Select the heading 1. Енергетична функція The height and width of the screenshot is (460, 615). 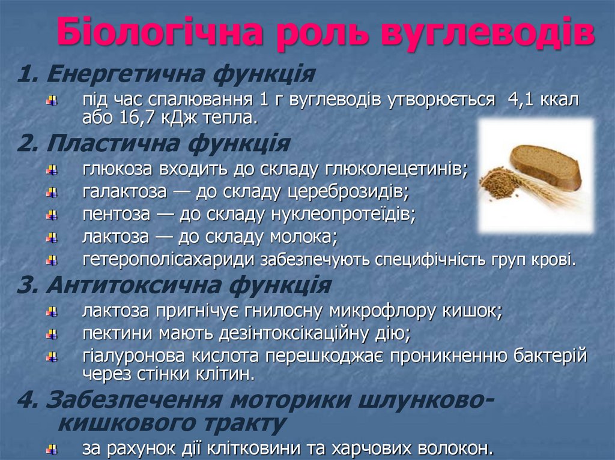pos(166,74)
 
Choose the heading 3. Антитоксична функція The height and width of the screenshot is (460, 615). pos(174,285)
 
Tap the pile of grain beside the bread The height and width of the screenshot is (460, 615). pos(498,183)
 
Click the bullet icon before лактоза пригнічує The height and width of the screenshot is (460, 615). pos(53,311)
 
